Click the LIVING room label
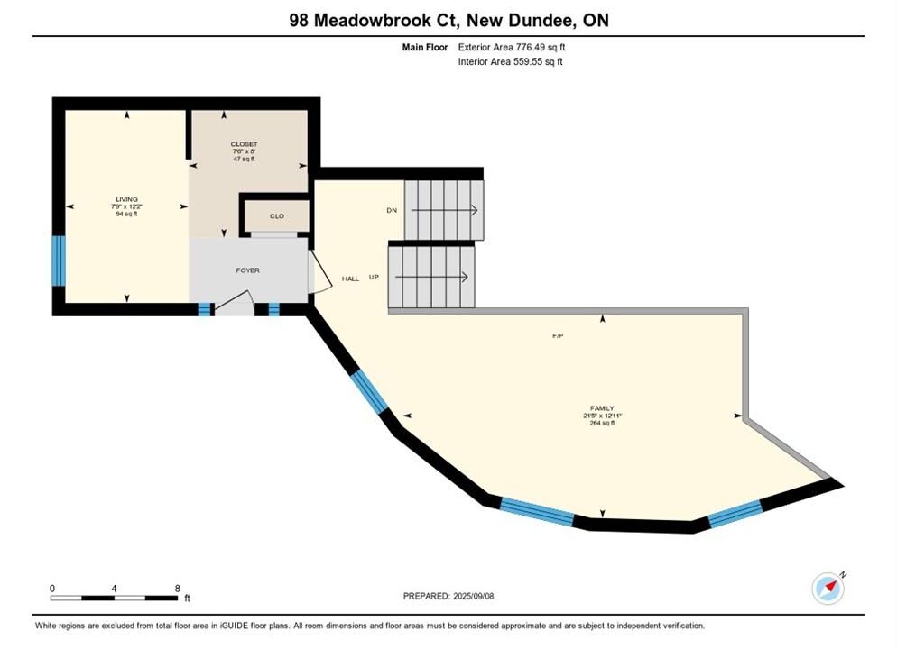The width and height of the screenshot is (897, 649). pyautogui.click(x=127, y=199)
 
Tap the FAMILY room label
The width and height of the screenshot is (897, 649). pyautogui.click(x=602, y=408)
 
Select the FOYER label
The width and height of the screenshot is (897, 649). pyautogui.click(x=247, y=270)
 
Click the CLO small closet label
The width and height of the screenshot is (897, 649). pyautogui.click(x=277, y=216)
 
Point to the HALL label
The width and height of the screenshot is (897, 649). pyautogui.click(x=351, y=279)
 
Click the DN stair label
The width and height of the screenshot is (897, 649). pyautogui.click(x=392, y=210)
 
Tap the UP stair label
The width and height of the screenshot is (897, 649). pyautogui.click(x=375, y=277)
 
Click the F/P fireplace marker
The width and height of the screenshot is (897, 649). pyautogui.click(x=558, y=336)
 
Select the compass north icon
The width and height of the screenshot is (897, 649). pyautogui.click(x=828, y=589)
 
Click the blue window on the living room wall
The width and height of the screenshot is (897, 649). pyautogui.click(x=59, y=261)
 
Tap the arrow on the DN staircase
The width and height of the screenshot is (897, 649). pyautogui.click(x=444, y=210)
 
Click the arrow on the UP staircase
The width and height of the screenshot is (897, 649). pyautogui.click(x=432, y=277)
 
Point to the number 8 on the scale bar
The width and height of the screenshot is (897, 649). pyautogui.click(x=178, y=589)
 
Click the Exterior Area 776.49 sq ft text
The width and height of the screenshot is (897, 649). pyautogui.click(x=512, y=48)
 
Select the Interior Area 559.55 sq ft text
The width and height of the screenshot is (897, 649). pyautogui.click(x=510, y=61)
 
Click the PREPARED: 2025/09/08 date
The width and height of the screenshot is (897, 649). pyautogui.click(x=448, y=596)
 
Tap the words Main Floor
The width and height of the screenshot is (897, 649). pyautogui.click(x=425, y=48)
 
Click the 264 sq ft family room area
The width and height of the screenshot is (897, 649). pyautogui.click(x=602, y=424)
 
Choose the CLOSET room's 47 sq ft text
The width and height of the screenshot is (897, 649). pyautogui.click(x=244, y=159)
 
